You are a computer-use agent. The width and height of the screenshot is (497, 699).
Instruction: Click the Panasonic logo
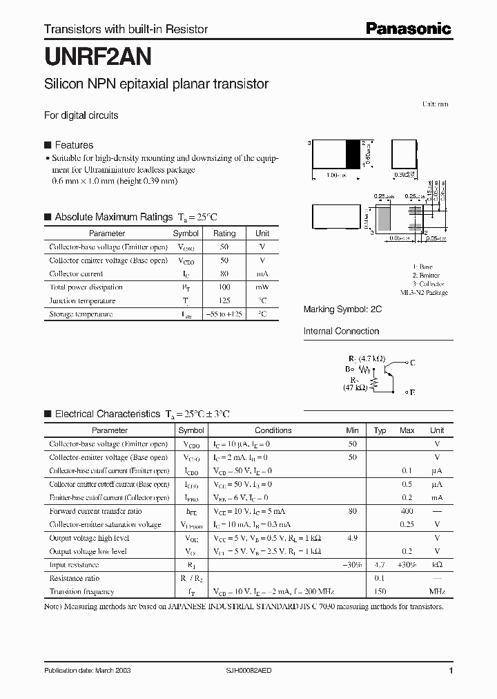[x=408, y=28]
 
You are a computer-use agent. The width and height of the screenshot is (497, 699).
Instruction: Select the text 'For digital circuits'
[x=81, y=115]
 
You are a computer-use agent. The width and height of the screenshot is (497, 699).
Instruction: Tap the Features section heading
[x=73, y=145]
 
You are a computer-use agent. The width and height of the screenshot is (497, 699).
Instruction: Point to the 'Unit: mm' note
[x=435, y=104]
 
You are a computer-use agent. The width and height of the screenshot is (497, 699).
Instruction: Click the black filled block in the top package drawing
[x=353, y=154]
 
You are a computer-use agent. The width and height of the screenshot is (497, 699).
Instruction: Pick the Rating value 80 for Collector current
[x=224, y=274]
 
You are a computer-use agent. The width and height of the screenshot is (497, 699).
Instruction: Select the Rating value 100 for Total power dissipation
[x=224, y=287]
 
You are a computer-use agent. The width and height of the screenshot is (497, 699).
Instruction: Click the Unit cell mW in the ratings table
[x=262, y=287]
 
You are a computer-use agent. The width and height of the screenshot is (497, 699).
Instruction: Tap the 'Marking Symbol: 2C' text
[x=342, y=309]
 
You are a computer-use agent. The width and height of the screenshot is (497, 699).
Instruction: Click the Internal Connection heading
[x=341, y=331]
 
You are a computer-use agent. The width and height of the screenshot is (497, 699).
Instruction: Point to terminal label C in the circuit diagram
[x=412, y=362]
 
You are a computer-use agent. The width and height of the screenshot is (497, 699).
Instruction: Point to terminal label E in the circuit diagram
[x=412, y=392]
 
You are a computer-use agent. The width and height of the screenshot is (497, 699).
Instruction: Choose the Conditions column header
[x=273, y=430]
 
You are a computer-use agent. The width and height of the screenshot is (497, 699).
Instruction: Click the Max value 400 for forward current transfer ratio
[x=407, y=511]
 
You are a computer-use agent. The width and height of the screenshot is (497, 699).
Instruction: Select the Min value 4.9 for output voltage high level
[x=353, y=537]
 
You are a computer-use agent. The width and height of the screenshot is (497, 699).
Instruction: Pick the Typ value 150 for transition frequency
[x=380, y=591]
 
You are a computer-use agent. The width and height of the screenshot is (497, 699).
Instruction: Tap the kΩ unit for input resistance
[x=437, y=565]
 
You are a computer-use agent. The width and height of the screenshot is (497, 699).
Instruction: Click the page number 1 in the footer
[x=451, y=671]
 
